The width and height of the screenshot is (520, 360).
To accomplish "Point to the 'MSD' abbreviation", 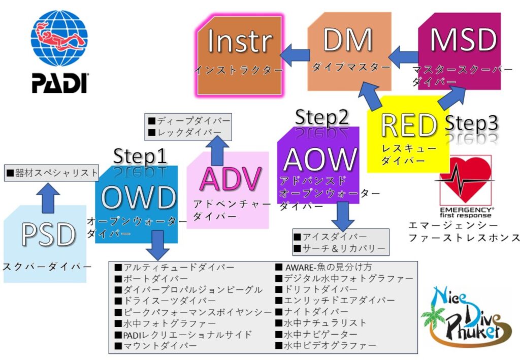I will [463, 40].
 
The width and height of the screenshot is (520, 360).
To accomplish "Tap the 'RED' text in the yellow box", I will [409, 126].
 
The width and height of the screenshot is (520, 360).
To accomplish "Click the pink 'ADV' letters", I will [231, 180].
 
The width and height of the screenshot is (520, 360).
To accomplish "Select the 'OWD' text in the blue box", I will [139, 197].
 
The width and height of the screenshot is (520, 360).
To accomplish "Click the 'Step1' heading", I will [140, 156].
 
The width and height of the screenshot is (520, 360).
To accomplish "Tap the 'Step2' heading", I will [322, 117].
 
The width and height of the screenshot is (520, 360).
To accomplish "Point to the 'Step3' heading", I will [471, 123].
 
